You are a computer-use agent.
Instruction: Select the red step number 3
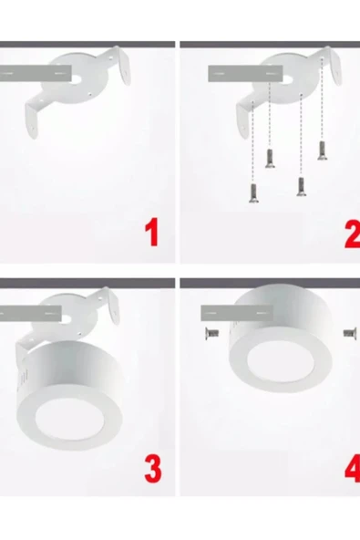point(152,469)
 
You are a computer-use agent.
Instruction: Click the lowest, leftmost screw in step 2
point(251,192)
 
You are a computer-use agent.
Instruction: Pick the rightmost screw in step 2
point(322,151)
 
